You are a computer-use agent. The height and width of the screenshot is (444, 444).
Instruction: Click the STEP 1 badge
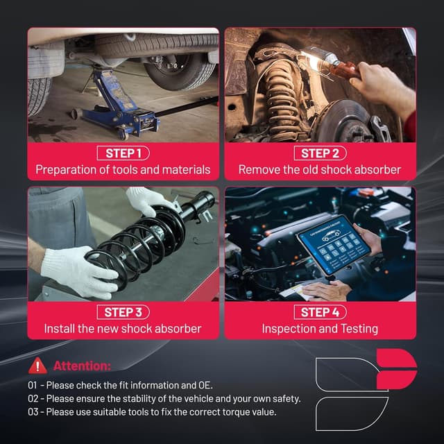coord(123,153)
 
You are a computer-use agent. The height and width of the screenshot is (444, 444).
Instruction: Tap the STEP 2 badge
coord(320,153)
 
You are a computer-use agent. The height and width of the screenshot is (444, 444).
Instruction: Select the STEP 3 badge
coord(123,312)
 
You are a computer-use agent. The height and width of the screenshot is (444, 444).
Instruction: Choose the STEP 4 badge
coord(320,312)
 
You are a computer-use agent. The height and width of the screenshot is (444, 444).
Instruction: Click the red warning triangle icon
coord(37,366)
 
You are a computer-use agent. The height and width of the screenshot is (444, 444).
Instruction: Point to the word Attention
coord(82,366)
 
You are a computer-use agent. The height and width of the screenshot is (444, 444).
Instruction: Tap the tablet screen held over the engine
coord(334,245)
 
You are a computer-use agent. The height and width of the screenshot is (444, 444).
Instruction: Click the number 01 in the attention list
coord(33,385)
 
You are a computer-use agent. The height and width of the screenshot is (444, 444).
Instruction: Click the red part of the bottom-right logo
coord(396,369)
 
